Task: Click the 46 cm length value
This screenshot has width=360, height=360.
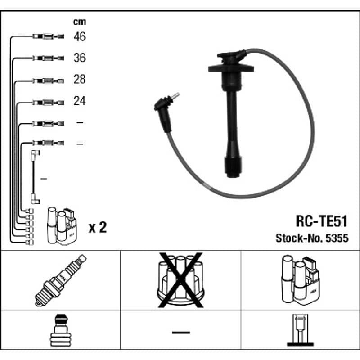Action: [80, 36]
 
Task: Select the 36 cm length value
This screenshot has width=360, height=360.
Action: [80, 58]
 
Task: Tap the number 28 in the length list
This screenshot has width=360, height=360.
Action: [80, 79]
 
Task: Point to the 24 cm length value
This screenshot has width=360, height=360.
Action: [80, 101]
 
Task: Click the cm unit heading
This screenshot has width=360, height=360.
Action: [80, 22]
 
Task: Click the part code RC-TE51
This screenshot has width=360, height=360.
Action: [321, 221]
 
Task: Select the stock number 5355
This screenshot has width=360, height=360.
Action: [337, 238]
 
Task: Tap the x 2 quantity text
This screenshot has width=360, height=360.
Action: [98, 227]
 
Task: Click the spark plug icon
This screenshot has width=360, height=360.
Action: [61, 280]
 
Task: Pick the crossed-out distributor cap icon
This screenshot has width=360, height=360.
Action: [180, 280]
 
